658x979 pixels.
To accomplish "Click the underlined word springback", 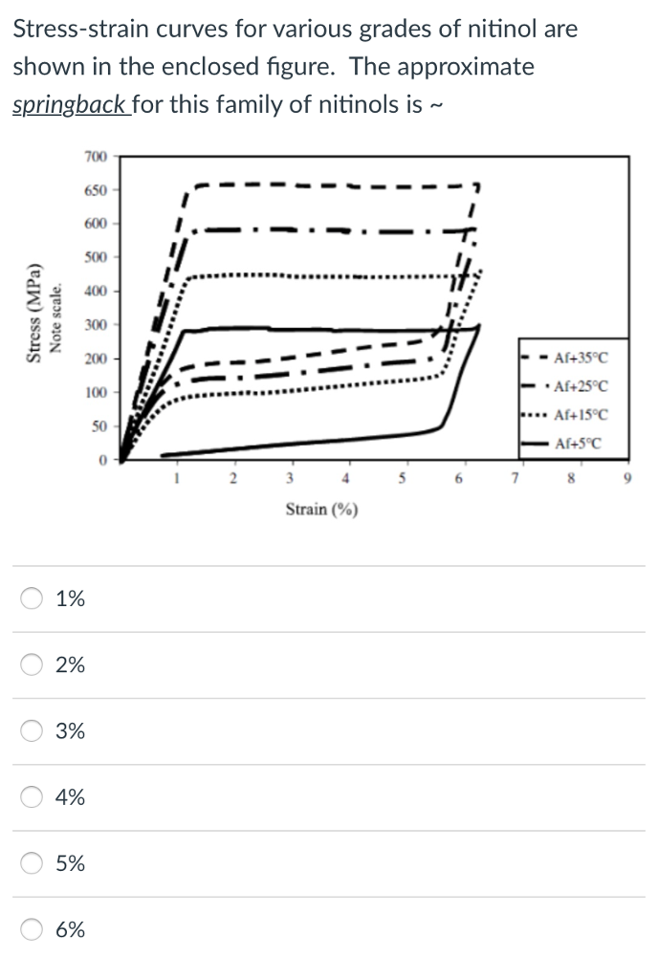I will tap(70, 104).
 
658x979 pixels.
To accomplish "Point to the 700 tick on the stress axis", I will tap(95, 156).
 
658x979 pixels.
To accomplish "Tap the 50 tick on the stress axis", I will tap(99, 424).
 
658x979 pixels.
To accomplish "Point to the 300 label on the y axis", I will tap(95, 325).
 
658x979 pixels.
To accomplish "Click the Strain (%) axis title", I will tap(321, 510).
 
